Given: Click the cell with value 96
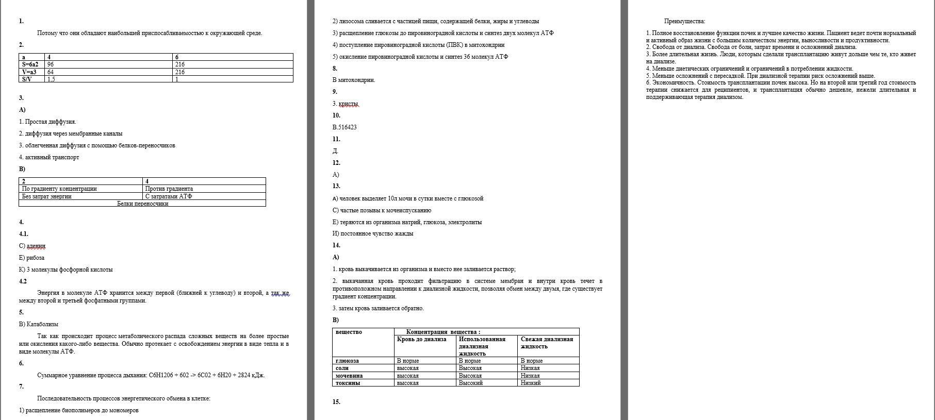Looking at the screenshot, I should point(51,64).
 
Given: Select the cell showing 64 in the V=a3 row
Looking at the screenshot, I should point(51,72).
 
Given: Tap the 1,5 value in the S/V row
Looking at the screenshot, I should point(51,79).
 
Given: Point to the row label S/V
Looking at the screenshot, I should point(27,79).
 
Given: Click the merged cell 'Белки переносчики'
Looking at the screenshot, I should point(142,204).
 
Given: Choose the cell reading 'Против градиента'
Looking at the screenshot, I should point(169,189).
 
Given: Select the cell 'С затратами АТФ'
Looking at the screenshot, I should point(169,196).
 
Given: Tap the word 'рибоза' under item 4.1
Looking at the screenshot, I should point(35,258).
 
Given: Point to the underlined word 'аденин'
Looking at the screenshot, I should point(36,246).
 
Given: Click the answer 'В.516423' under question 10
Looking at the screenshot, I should point(345,127).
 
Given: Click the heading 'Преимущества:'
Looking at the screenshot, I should point(684,21).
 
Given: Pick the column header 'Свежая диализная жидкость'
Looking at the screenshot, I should point(547,343).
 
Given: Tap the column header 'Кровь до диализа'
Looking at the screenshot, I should point(421,339).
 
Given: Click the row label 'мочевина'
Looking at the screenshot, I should point(349,376).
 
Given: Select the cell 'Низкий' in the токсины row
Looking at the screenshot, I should point(531,383).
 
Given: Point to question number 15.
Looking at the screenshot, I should point(336,402).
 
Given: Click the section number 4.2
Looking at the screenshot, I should point(23,281).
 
